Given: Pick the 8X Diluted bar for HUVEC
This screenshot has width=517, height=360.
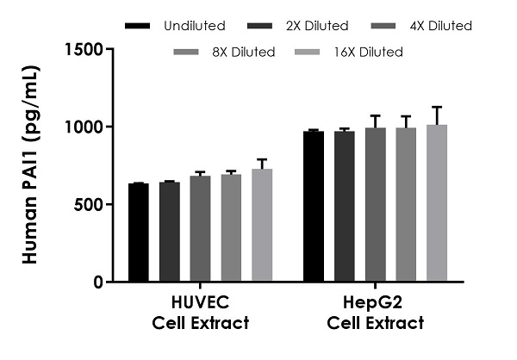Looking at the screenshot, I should tap(231, 227).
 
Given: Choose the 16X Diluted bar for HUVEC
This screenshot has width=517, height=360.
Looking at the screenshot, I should tap(262, 225).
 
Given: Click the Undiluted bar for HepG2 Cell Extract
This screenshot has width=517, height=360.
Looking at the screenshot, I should tap(313, 206).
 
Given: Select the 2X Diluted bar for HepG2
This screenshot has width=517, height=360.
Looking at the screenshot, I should tap(344, 206).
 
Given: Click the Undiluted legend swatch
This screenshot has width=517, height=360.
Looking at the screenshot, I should tap(139, 26).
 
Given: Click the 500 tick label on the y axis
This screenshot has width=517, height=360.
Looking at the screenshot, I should tap(92, 204).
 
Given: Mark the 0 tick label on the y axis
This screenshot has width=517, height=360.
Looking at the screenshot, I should tap(100, 282).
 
